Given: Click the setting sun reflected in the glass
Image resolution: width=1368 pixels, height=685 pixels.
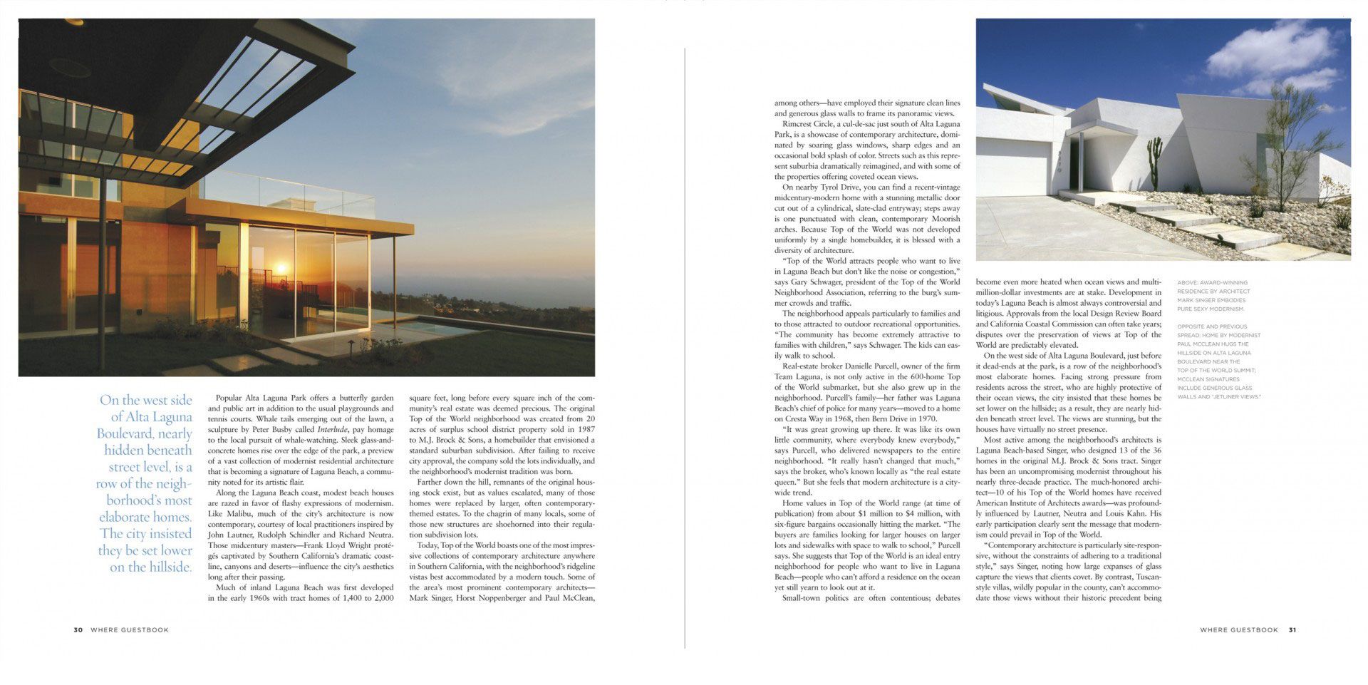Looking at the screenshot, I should (x=280, y=269).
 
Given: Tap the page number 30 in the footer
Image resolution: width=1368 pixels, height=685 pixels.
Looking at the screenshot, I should (x=78, y=630).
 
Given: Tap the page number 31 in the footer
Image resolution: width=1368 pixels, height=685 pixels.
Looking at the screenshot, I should (x=1292, y=630).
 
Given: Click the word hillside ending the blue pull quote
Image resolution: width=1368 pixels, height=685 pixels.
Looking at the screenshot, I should (x=171, y=567).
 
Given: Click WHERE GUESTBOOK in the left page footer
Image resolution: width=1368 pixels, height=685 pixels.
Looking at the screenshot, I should (x=130, y=630).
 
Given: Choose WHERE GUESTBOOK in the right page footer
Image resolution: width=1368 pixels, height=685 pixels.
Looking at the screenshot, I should (x=1239, y=630).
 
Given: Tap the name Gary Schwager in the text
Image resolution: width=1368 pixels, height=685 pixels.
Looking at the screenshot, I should (x=817, y=282).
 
